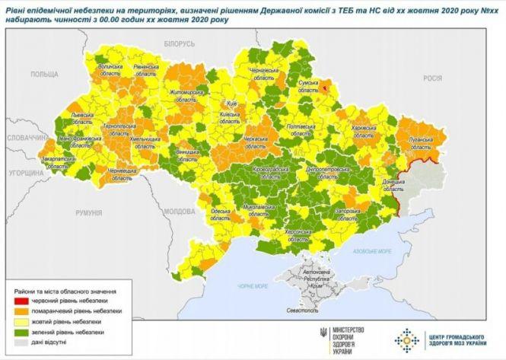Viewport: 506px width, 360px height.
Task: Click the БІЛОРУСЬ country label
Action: (179, 44)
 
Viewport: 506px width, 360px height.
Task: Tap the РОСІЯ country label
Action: (433, 78)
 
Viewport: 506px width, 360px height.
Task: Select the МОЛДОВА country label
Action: (180, 211)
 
